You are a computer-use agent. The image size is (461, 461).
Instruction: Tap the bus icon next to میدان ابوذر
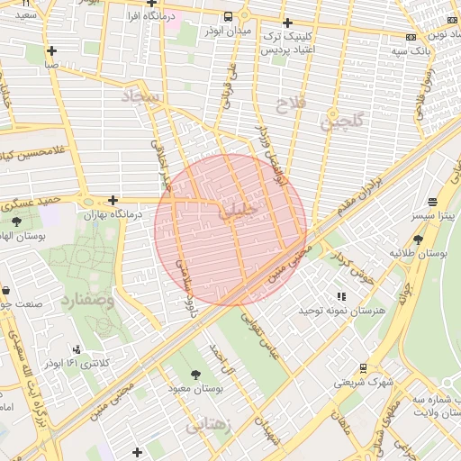pyautogui.click(x=230, y=16)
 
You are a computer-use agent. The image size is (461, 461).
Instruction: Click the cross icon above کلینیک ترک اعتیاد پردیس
pyautogui.click(x=287, y=23)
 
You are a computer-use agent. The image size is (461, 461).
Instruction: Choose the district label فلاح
pyautogui.click(x=291, y=104)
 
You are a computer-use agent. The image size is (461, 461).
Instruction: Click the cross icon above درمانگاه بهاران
pyautogui.click(x=113, y=200)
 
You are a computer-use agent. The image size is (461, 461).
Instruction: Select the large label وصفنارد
pyautogui.click(x=87, y=300)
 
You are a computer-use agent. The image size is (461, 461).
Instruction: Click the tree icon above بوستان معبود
pyautogui.click(x=195, y=374)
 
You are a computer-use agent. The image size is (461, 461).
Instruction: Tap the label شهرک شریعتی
pyautogui.click(x=365, y=382)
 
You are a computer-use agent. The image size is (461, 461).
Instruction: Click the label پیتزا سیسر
pyautogui.click(x=435, y=217)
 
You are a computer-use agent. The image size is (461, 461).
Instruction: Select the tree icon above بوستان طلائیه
pyautogui.click(x=419, y=239)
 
